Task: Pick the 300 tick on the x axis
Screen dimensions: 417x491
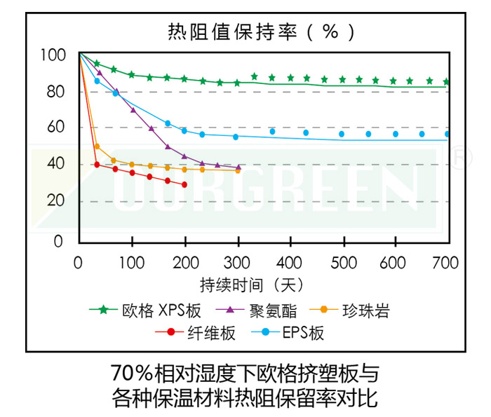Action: [x=237, y=264]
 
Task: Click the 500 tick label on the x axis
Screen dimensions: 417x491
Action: [x=344, y=264]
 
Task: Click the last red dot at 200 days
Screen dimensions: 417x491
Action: [x=184, y=185]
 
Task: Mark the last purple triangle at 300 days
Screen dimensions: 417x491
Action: [x=238, y=168]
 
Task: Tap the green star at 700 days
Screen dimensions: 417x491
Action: [x=446, y=82]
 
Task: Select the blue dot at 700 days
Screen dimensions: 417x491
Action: [x=447, y=134]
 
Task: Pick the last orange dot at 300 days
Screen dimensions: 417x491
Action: [x=238, y=170]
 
